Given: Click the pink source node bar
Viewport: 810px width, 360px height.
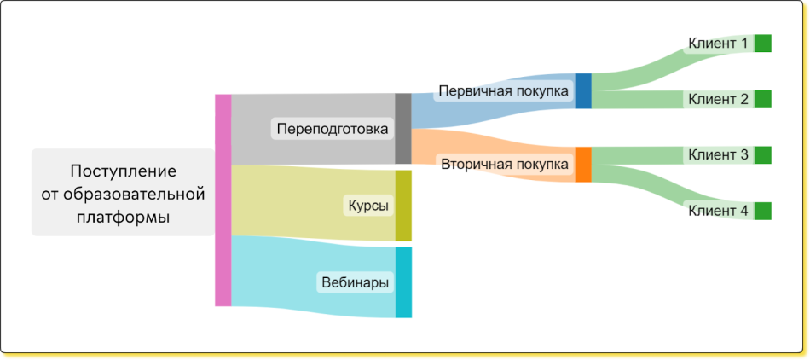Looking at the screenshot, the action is click(x=223, y=200).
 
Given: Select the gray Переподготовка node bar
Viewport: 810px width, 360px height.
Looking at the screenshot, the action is click(x=403, y=129).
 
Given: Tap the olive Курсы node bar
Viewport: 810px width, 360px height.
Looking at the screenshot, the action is click(x=403, y=206).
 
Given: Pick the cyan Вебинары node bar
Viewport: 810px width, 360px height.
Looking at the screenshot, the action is click(x=403, y=282).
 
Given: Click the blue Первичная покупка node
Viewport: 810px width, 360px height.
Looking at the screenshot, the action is click(x=583, y=91).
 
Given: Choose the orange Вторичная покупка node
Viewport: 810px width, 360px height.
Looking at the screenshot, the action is click(x=583, y=165).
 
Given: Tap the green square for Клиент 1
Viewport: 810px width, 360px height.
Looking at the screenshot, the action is click(x=763, y=44).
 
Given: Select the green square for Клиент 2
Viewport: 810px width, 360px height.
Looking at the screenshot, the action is click(x=763, y=99).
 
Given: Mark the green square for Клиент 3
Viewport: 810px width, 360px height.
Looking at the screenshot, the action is click(x=763, y=155).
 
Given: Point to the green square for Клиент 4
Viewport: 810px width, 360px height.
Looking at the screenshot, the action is click(x=763, y=211).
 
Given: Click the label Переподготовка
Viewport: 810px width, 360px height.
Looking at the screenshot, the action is click(x=333, y=129).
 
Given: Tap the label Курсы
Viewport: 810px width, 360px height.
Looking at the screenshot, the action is click(x=368, y=206).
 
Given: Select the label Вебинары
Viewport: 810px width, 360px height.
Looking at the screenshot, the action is click(x=355, y=283).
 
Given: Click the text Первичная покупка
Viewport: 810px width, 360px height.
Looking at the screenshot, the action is click(x=504, y=91).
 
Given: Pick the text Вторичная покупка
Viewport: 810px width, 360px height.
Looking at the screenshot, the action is click(x=505, y=165).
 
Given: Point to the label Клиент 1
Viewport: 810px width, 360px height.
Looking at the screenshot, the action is click(x=718, y=44).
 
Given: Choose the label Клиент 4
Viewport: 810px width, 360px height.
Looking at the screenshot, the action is click(x=718, y=211).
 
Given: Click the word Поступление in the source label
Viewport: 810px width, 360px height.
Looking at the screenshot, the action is click(x=124, y=171).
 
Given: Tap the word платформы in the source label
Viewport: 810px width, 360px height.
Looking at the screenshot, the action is click(x=124, y=218).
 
